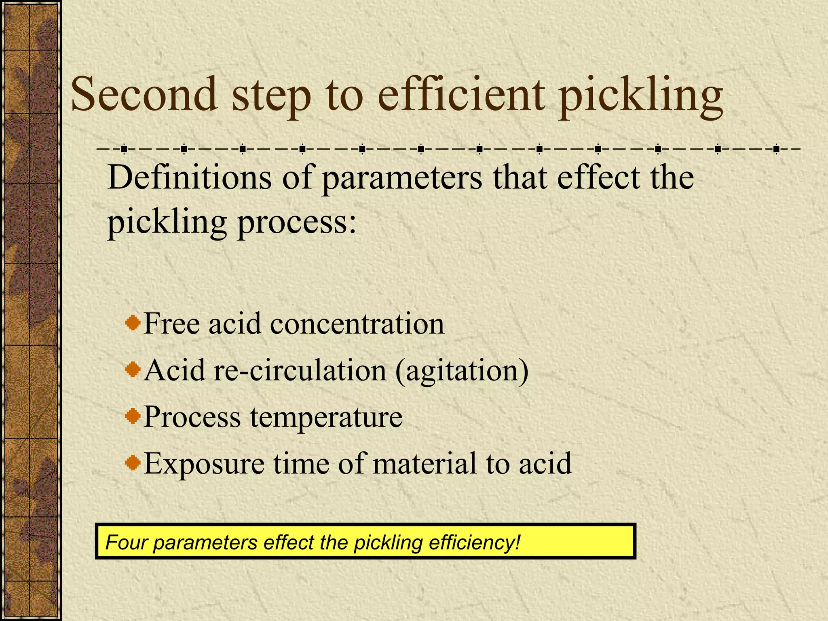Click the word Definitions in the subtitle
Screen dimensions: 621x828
(x=189, y=178)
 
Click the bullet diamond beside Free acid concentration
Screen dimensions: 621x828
(x=133, y=323)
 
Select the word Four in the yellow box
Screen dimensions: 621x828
(x=126, y=543)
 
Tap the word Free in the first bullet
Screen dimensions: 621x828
(x=172, y=323)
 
